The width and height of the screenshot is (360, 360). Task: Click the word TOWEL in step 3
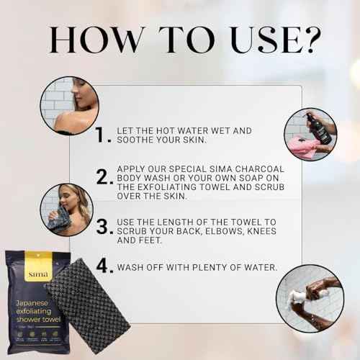click(220, 222)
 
